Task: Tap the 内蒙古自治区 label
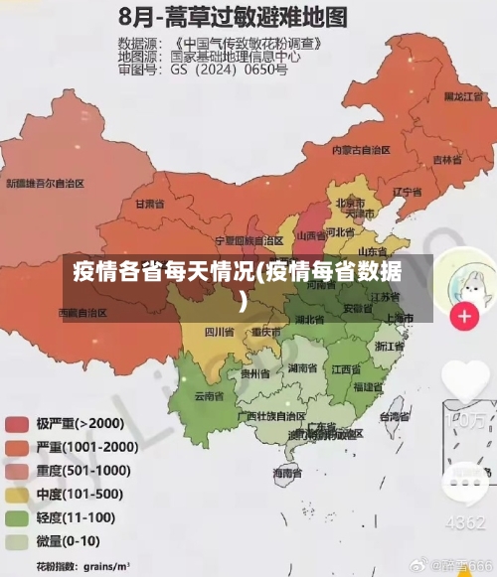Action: click(362, 150)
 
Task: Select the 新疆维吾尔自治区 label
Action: click(45, 184)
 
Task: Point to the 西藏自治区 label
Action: click(83, 312)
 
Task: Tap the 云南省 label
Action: click(208, 395)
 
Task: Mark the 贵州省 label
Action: click(255, 373)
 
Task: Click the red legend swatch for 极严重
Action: click(17, 422)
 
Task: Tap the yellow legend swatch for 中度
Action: click(17, 494)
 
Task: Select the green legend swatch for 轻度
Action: click(17, 517)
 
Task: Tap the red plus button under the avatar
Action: click(464, 317)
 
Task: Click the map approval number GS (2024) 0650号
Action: click(229, 71)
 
